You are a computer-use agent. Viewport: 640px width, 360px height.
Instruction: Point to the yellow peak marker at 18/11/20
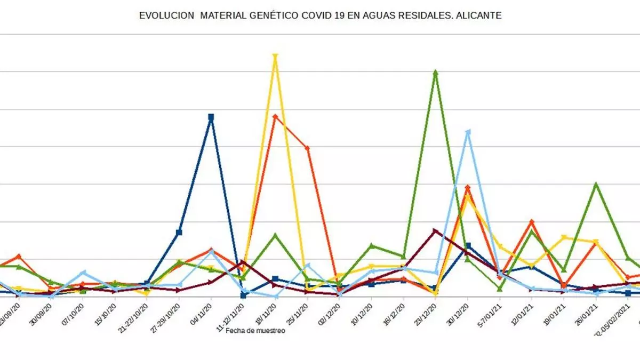275,56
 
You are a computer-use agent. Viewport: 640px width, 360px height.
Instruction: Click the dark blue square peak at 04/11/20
211,117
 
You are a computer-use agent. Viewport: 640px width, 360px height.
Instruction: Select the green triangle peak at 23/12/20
436,72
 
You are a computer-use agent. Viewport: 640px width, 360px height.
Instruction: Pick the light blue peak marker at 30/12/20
468,131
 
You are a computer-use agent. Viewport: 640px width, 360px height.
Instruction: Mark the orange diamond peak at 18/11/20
275,116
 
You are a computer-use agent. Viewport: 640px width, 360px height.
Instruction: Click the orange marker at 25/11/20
308,148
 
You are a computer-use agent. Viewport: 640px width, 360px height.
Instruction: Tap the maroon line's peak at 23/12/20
436,230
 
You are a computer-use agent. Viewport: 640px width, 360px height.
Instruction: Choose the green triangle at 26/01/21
596,185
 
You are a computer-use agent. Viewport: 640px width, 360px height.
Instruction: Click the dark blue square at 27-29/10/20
179,233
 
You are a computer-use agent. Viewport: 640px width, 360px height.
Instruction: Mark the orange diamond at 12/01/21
532,222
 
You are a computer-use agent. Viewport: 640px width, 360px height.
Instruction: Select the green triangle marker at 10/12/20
372,246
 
